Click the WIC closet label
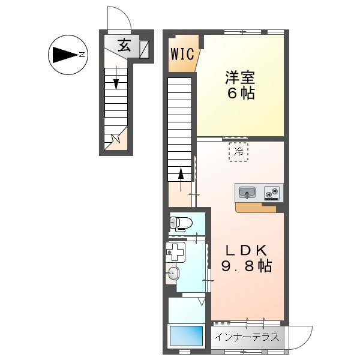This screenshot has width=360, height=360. (182, 54)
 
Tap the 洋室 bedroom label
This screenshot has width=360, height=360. (240, 77)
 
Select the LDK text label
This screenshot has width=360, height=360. (247, 250)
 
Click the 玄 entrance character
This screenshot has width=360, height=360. (124, 45)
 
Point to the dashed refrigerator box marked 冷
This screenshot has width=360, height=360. (238, 152)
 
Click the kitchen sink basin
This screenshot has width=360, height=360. (247, 192)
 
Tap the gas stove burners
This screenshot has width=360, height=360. (272, 193)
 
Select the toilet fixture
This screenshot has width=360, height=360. (181, 223)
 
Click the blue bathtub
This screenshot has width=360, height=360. (186, 335)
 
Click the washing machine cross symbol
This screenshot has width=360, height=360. (176, 252)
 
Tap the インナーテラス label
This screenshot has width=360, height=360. (247, 337)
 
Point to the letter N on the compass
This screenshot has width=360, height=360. (82, 55)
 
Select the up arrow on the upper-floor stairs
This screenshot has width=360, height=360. (181, 180)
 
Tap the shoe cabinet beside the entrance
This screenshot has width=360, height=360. (145, 49)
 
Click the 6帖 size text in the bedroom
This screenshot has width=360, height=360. (241, 93)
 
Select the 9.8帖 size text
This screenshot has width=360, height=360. (247, 266)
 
